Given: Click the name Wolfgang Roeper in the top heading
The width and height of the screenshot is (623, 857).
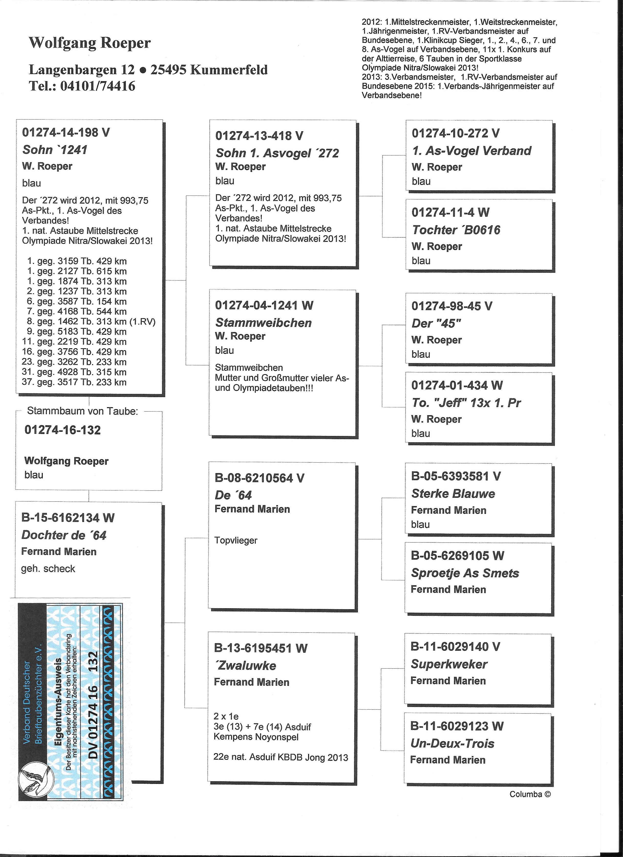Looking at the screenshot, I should click(x=90, y=43).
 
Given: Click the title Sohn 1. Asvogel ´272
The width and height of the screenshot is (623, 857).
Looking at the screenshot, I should click(x=277, y=153).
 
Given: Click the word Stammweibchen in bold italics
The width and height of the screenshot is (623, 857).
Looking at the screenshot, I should click(x=263, y=323).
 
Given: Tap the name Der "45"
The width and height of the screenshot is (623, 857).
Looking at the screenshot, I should click(x=436, y=324).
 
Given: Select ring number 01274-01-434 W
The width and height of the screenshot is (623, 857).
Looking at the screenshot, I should click(x=457, y=385).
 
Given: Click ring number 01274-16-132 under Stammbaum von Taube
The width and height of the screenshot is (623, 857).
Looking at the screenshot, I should click(x=63, y=430).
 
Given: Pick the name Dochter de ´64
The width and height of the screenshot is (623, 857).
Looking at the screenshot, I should click(x=64, y=535).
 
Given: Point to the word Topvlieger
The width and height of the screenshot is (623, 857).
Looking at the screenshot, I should click(x=236, y=540).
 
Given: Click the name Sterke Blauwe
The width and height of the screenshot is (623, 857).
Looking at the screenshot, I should click(x=453, y=493).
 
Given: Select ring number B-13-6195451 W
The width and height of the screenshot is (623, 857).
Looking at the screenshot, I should click(x=261, y=648).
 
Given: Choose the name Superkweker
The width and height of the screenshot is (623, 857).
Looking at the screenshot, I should click(x=449, y=664).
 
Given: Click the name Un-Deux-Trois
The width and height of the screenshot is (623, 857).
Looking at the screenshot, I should click(x=452, y=743).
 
